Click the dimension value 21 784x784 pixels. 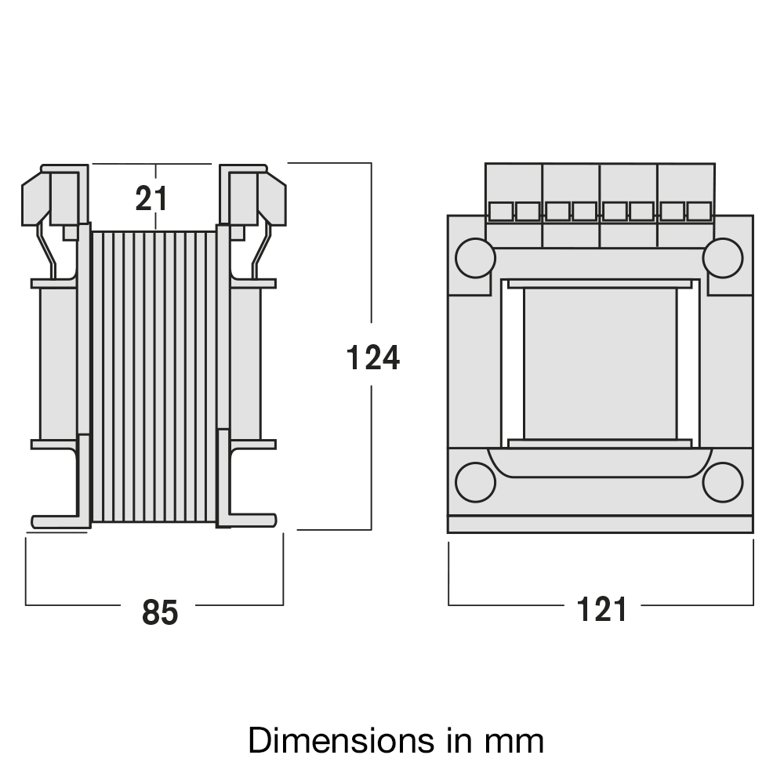click(151, 199)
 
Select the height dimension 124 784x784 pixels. click(373, 358)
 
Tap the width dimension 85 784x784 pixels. click(160, 612)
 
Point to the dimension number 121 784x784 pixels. click(602, 609)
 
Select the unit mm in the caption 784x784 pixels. click(517, 741)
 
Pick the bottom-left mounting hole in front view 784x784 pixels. click(475, 481)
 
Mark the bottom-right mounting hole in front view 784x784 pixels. click(722, 481)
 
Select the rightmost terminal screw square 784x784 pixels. click(699, 211)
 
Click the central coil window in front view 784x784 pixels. click(600, 363)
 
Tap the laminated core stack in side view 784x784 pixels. click(154, 376)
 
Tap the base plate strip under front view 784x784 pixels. click(600, 524)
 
